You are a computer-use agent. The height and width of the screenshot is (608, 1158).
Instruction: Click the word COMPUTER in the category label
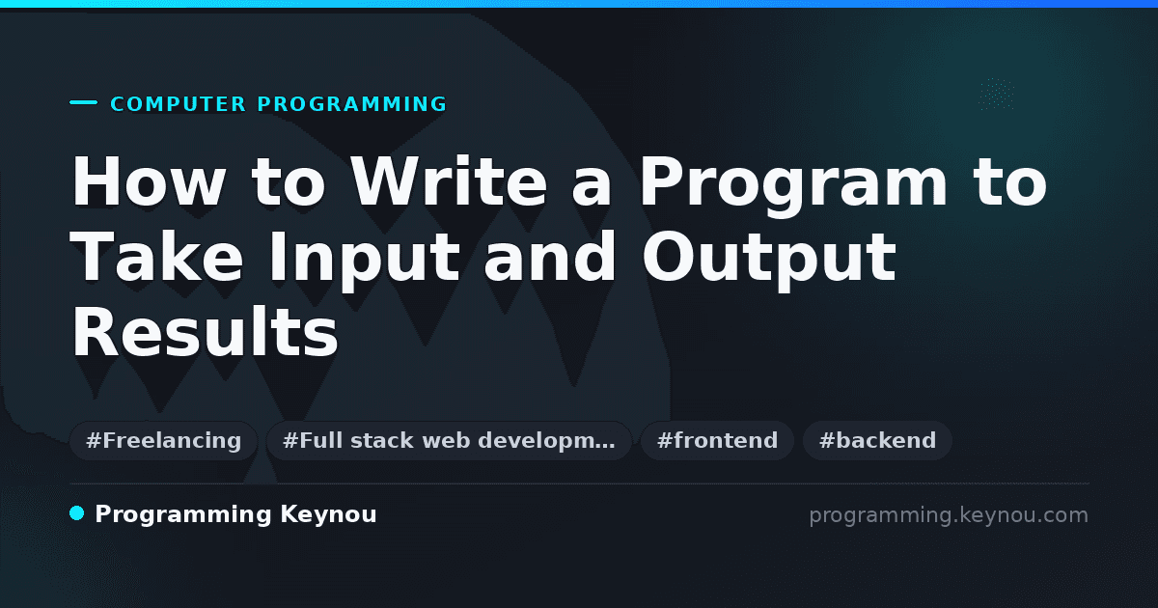tap(178, 104)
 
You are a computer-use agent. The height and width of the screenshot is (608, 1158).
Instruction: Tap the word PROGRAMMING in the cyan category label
tap(351, 104)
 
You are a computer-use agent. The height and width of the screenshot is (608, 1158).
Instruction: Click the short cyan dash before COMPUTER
tap(83, 102)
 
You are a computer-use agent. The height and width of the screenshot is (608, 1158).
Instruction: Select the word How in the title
tap(149, 181)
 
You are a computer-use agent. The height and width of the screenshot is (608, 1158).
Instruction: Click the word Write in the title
tap(448, 181)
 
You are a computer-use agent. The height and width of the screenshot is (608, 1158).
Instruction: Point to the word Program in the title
tap(793, 186)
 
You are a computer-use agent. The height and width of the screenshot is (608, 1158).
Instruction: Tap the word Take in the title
tap(156, 256)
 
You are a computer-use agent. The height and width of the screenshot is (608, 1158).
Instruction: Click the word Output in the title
tap(769, 262)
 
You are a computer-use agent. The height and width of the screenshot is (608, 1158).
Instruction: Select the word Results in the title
tap(205, 331)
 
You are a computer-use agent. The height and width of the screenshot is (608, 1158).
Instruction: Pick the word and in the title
tap(550, 256)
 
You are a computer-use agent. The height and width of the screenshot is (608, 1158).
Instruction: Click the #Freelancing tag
tap(163, 440)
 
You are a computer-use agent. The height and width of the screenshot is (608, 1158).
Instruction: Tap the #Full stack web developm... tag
tap(449, 440)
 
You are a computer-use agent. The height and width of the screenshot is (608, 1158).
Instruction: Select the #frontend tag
tap(717, 440)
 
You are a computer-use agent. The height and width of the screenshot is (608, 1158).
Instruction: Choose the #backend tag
tap(877, 440)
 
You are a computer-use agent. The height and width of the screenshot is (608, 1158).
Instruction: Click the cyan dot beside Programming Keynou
tap(76, 513)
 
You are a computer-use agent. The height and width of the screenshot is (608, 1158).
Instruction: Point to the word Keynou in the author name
tap(328, 515)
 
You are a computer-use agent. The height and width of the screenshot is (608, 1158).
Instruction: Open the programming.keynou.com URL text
tap(949, 515)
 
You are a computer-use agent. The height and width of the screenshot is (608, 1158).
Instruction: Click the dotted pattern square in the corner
tap(997, 94)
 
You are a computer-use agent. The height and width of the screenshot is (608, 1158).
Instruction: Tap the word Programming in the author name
tap(183, 515)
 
